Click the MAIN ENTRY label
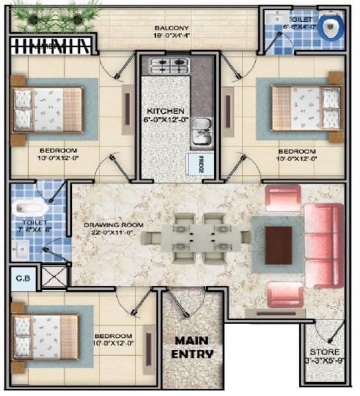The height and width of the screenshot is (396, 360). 193,347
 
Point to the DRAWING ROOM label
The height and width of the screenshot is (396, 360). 114,228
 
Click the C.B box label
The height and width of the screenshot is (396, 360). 20,279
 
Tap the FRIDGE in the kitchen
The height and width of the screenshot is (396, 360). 199,164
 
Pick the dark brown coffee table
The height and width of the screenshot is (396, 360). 279,243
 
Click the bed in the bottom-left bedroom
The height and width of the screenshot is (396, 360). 46,335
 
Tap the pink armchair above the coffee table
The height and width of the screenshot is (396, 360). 282,199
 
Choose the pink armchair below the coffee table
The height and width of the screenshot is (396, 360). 285,294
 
